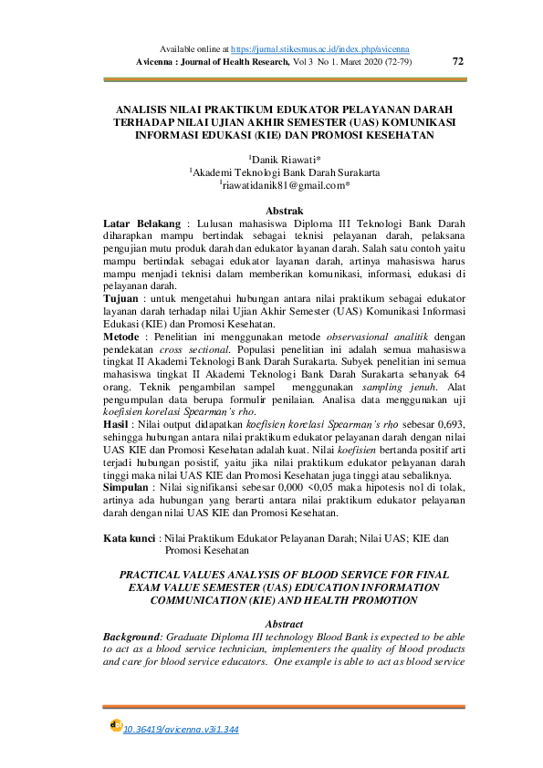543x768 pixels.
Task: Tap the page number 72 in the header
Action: (458, 61)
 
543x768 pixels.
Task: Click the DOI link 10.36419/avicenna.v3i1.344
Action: (180, 731)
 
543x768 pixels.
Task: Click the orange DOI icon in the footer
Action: (115, 725)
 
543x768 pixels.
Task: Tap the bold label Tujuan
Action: (127, 298)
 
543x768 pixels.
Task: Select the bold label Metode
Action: (126, 336)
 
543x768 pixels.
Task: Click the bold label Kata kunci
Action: (128, 539)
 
